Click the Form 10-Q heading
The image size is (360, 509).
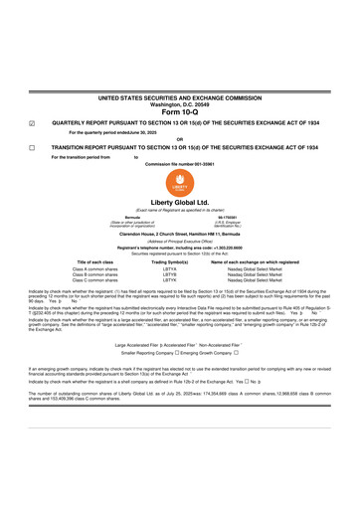180,111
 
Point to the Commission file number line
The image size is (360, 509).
180,162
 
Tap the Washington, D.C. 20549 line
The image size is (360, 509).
180,103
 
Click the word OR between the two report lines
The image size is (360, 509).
180,139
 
